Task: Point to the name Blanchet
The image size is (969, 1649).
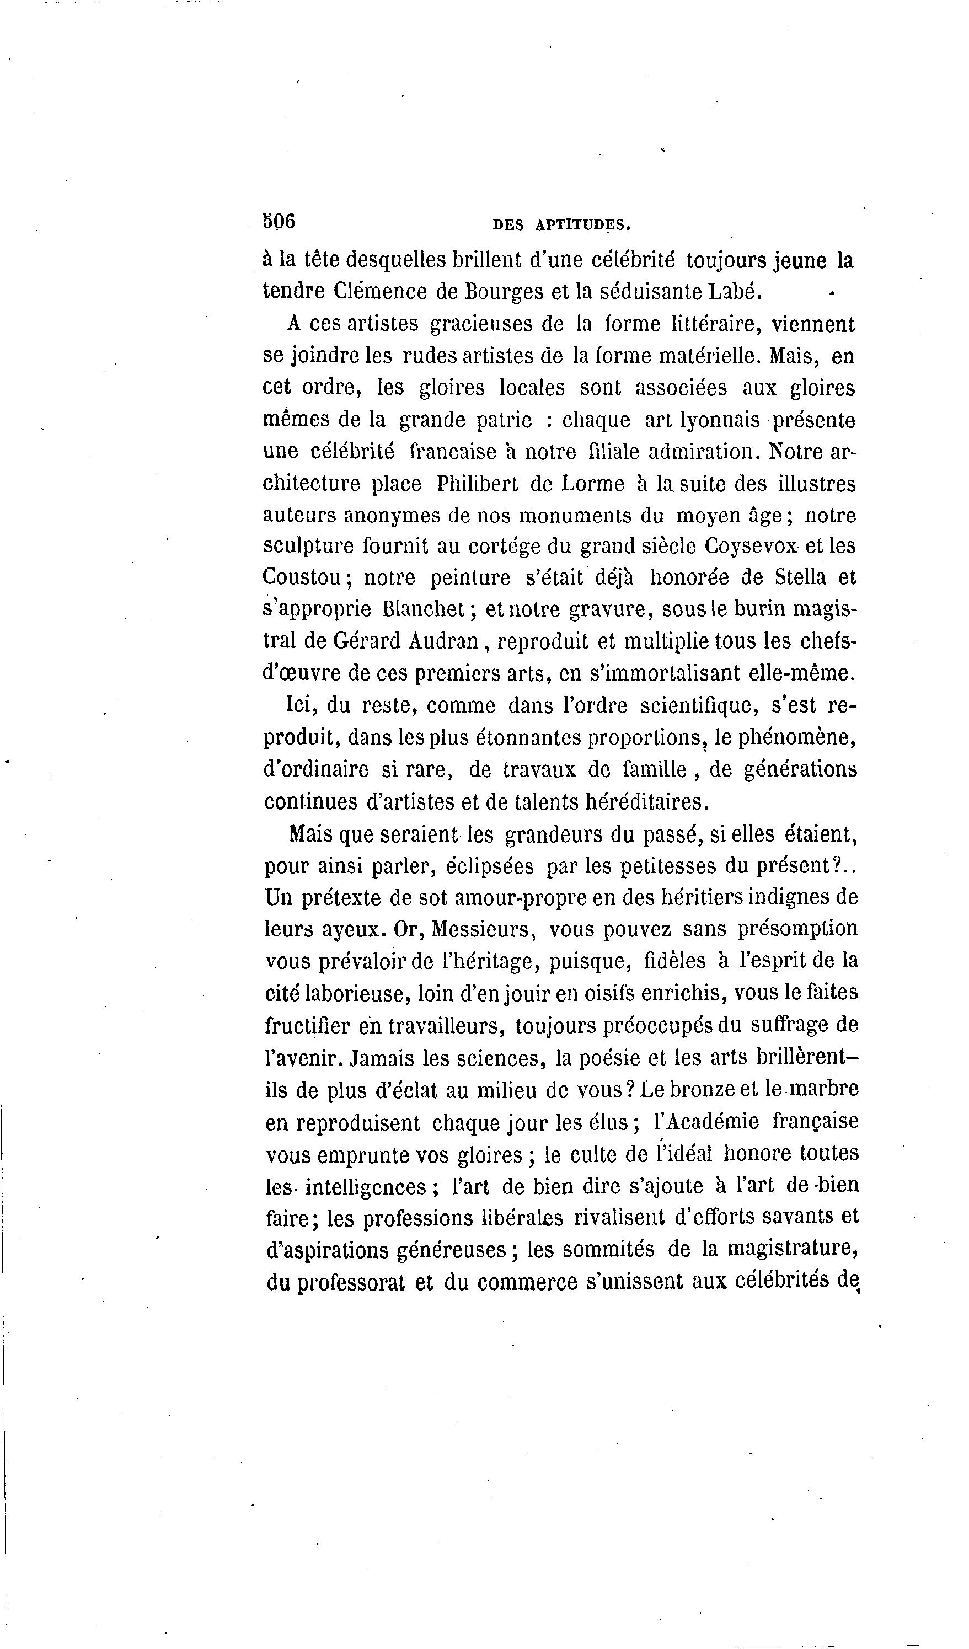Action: (x=424, y=609)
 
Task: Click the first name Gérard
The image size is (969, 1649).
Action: (x=366, y=641)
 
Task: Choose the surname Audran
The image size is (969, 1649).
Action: (x=445, y=641)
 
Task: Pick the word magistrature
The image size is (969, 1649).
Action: (x=793, y=1249)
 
